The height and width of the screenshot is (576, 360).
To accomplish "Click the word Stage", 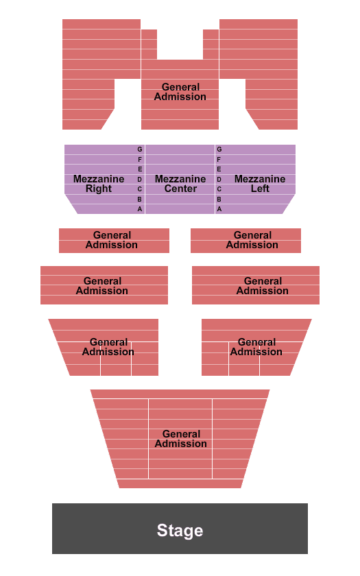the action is (x=180, y=530).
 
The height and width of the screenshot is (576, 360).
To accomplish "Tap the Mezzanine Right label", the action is (x=99, y=184).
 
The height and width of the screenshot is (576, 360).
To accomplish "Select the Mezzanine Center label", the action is (x=180, y=184).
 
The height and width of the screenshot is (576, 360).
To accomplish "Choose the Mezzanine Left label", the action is (x=260, y=184).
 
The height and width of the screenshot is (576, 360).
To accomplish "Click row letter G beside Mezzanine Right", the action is (x=140, y=149).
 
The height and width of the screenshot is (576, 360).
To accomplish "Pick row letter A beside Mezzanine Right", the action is (x=140, y=208).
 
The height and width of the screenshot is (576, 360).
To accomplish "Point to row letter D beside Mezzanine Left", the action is (x=219, y=179).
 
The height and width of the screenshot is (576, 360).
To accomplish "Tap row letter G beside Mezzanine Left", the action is (x=219, y=149).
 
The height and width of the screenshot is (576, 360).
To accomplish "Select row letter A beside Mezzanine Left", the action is (x=219, y=208).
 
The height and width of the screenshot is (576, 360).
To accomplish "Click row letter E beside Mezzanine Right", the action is (x=140, y=169).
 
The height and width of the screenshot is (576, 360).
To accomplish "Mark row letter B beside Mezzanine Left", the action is (x=219, y=199).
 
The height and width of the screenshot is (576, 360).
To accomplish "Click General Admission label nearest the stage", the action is (x=181, y=439).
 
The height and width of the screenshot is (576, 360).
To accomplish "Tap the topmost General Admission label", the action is (x=180, y=92).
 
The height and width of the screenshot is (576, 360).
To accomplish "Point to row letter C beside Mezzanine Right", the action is (x=140, y=189).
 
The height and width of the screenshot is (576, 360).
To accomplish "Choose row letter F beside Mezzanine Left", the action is (x=219, y=159).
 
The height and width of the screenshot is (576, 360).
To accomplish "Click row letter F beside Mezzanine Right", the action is (x=140, y=159).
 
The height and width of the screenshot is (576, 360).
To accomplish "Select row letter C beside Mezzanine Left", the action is (x=219, y=189).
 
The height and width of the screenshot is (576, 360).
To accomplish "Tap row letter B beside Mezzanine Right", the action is (x=140, y=199).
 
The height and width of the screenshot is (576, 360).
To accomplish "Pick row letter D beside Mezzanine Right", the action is (x=140, y=179).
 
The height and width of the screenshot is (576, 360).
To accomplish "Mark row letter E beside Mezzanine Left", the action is (x=219, y=169).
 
